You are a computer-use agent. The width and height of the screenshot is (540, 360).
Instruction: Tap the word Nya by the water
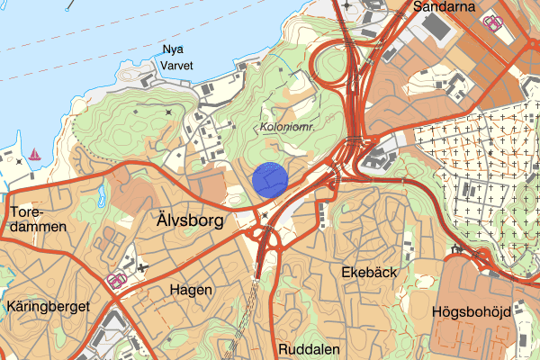171,49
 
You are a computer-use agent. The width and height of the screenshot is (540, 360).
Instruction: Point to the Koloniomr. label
287,128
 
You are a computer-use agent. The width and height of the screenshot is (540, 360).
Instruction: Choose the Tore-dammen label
38,220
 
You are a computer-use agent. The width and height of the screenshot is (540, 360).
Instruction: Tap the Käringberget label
47,307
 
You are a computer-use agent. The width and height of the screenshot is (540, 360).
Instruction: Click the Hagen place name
191,290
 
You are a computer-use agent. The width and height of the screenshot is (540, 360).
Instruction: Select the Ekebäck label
370,271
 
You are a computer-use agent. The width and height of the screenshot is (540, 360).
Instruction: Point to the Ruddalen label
309,348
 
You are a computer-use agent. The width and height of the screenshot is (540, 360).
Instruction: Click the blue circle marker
270,179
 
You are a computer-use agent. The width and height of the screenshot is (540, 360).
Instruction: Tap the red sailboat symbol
35,154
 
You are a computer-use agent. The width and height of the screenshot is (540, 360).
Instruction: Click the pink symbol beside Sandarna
492,22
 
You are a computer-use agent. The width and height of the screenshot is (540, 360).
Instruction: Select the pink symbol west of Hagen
116,281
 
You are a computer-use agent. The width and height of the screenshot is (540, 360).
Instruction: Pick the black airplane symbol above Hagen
142,267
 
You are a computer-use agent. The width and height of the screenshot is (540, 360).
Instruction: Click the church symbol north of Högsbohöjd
458,248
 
